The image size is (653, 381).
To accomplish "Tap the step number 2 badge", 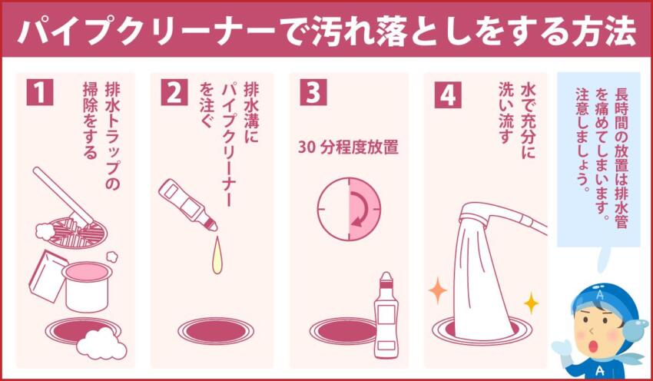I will tap(174, 91).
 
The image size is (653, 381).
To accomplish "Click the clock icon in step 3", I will tap(348, 208).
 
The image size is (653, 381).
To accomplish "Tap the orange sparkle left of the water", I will tap(437, 291).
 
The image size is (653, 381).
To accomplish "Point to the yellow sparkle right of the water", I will tap(530, 303).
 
